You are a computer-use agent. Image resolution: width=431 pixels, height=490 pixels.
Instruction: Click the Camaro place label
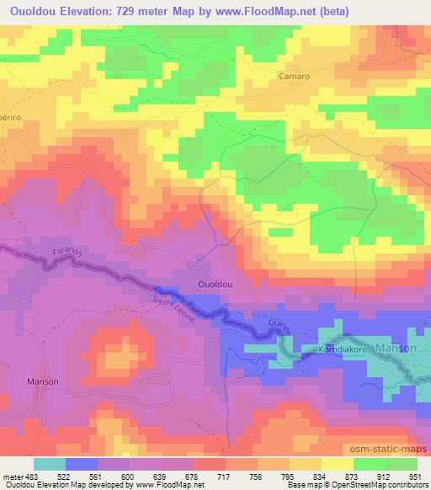pos(295,75)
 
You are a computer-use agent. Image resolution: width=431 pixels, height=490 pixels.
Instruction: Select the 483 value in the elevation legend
pos(32,476)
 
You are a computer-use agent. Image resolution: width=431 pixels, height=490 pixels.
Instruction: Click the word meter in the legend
pos(12,476)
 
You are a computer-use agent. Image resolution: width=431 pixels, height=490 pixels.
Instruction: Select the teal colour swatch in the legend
pos(49,464)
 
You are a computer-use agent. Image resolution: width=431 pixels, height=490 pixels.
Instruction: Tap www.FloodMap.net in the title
pos(263,11)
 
